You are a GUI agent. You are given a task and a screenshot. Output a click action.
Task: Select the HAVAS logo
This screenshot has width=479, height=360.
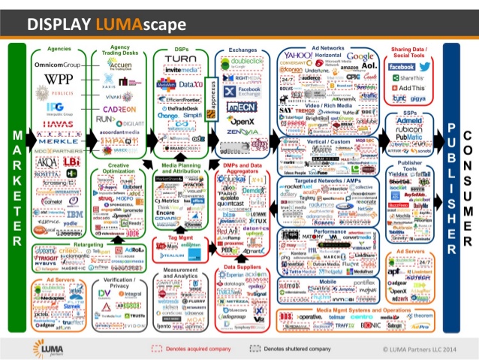point(58,124)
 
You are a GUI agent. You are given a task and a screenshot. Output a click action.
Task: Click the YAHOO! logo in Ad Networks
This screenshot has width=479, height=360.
point(298,56)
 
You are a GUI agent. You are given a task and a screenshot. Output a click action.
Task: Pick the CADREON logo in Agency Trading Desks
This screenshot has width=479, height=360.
point(116,107)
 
